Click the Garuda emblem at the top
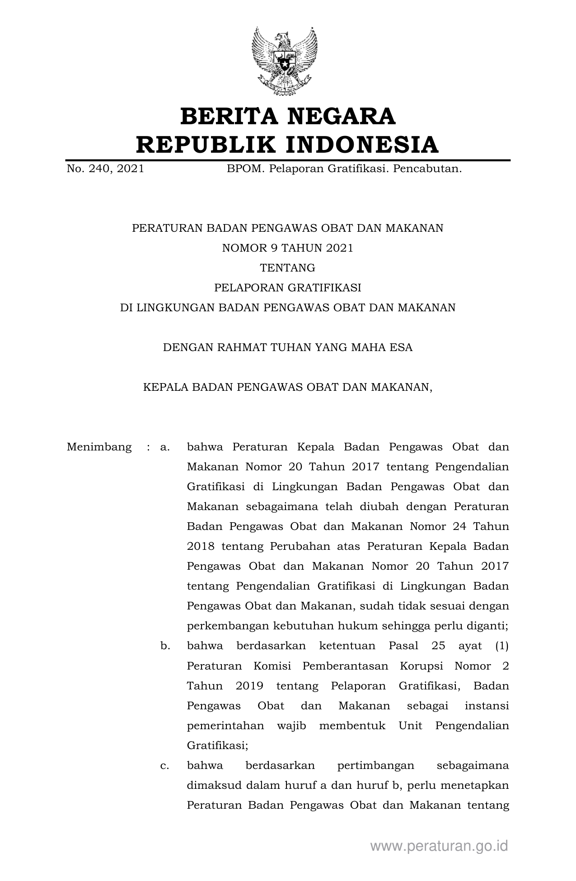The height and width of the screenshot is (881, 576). (x=284, y=61)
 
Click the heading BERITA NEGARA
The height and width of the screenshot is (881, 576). (x=288, y=117)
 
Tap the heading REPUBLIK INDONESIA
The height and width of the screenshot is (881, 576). (x=287, y=145)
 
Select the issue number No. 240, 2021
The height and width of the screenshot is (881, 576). (x=105, y=169)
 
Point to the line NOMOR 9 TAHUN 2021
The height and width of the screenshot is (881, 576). (x=287, y=248)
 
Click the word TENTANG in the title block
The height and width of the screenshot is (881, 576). (x=287, y=268)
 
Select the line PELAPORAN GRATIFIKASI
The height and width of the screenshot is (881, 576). (x=287, y=288)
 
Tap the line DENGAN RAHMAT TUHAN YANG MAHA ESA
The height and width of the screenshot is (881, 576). (x=287, y=347)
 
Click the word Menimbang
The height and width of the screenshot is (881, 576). (x=99, y=447)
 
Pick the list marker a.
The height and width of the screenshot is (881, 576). (x=165, y=447)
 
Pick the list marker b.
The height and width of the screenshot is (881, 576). (x=165, y=646)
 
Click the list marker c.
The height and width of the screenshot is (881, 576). (x=165, y=765)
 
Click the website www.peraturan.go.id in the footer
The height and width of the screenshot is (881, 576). (x=439, y=846)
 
